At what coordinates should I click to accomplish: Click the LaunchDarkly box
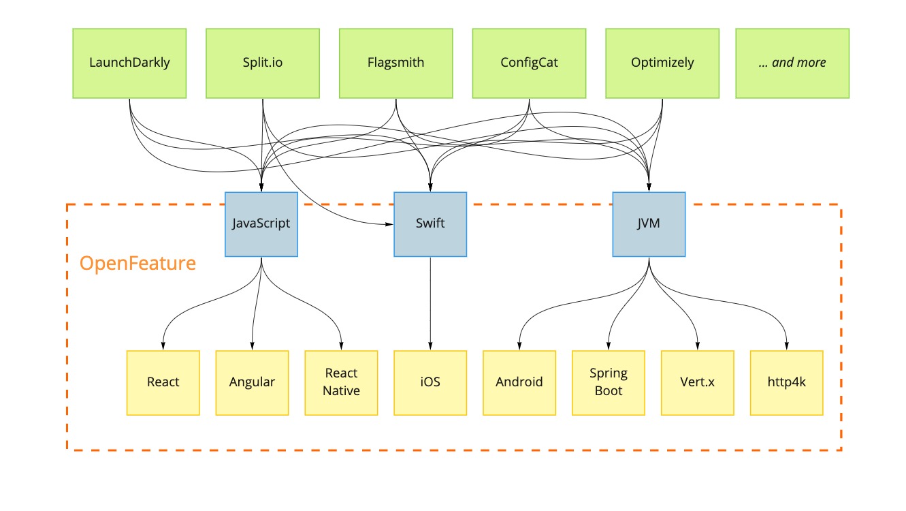(x=129, y=63)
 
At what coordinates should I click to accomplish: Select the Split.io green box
(x=263, y=63)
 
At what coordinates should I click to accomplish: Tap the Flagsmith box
(x=395, y=63)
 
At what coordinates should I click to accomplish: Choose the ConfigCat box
(x=529, y=63)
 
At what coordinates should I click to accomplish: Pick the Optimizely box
(x=662, y=63)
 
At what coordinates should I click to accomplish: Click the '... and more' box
(x=792, y=63)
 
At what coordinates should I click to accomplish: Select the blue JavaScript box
(x=261, y=224)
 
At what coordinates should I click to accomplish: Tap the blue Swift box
(x=430, y=224)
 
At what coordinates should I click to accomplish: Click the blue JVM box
(x=649, y=224)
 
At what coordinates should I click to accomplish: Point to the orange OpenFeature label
(x=137, y=264)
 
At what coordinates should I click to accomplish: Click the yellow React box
(x=163, y=382)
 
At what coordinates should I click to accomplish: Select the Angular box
(x=252, y=382)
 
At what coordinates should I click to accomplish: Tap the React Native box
(x=341, y=382)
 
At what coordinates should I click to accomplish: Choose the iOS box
(x=430, y=382)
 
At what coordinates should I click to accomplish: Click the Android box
(x=519, y=382)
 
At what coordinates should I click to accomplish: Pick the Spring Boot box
(x=609, y=382)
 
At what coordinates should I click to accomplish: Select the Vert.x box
(x=698, y=382)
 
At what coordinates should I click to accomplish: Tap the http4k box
(x=787, y=382)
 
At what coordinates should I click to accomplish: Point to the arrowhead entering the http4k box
(x=787, y=345)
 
